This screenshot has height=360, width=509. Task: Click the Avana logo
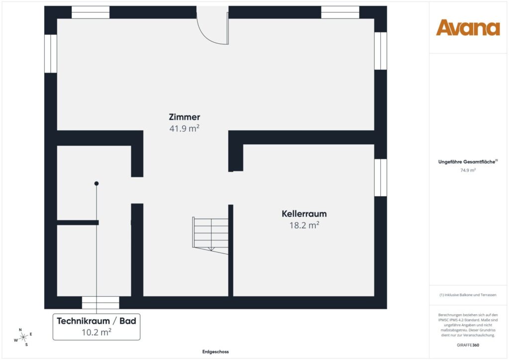[x=468, y=28]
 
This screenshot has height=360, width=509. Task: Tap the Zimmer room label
[x=184, y=117]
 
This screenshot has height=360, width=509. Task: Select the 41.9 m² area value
[x=184, y=128]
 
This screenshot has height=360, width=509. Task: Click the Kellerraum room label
[x=304, y=214]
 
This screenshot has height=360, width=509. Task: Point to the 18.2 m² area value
[x=304, y=225]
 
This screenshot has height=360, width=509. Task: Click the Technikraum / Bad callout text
[x=96, y=321]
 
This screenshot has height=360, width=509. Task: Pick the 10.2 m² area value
[x=96, y=332]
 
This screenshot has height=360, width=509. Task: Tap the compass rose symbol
[x=23, y=337]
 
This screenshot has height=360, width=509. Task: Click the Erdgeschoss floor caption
[x=215, y=352]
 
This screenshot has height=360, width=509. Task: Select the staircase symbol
[x=211, y=234]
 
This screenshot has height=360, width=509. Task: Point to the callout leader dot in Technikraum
[x=96, y=183]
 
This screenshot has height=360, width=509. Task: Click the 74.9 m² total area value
[x=468, y=170]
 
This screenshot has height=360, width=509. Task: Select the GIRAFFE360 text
[x=468, y=345]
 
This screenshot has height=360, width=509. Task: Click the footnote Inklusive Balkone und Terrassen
[x=468, y=295]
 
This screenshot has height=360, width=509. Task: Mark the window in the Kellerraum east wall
[x=380, y=178]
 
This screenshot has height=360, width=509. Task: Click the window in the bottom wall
[x=100, y=302]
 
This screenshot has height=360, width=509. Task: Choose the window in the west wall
[x=51, y=53]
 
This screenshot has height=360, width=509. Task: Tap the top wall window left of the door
[x=90, y=12]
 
